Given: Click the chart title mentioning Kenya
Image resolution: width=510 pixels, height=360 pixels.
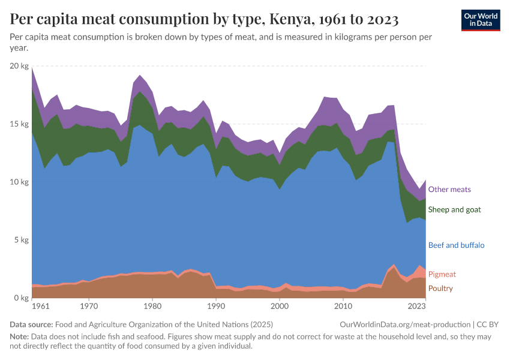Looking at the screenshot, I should coord(204,19).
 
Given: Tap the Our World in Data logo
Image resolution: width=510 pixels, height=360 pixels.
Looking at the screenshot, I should coord(481,19).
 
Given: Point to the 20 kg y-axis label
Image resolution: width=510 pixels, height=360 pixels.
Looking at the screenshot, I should coord(20,66).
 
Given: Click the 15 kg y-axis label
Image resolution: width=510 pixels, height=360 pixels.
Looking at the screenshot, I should coord(20,124).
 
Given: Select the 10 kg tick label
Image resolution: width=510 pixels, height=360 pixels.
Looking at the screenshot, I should coord(20,182).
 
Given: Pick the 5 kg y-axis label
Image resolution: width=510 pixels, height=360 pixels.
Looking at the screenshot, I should coord(22,240).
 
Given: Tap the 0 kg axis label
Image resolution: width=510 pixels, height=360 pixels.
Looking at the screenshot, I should coord(22,298).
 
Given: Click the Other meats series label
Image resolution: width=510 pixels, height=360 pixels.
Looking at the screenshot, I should coord(449,190).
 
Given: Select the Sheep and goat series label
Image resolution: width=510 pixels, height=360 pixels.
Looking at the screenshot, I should coord(454,209).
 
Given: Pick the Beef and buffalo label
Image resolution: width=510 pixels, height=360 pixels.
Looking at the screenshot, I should coord(456,245).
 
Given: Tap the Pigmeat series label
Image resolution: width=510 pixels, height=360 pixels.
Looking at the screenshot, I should coord(442,274).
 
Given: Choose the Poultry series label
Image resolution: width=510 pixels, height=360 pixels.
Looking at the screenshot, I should coord(440,289).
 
